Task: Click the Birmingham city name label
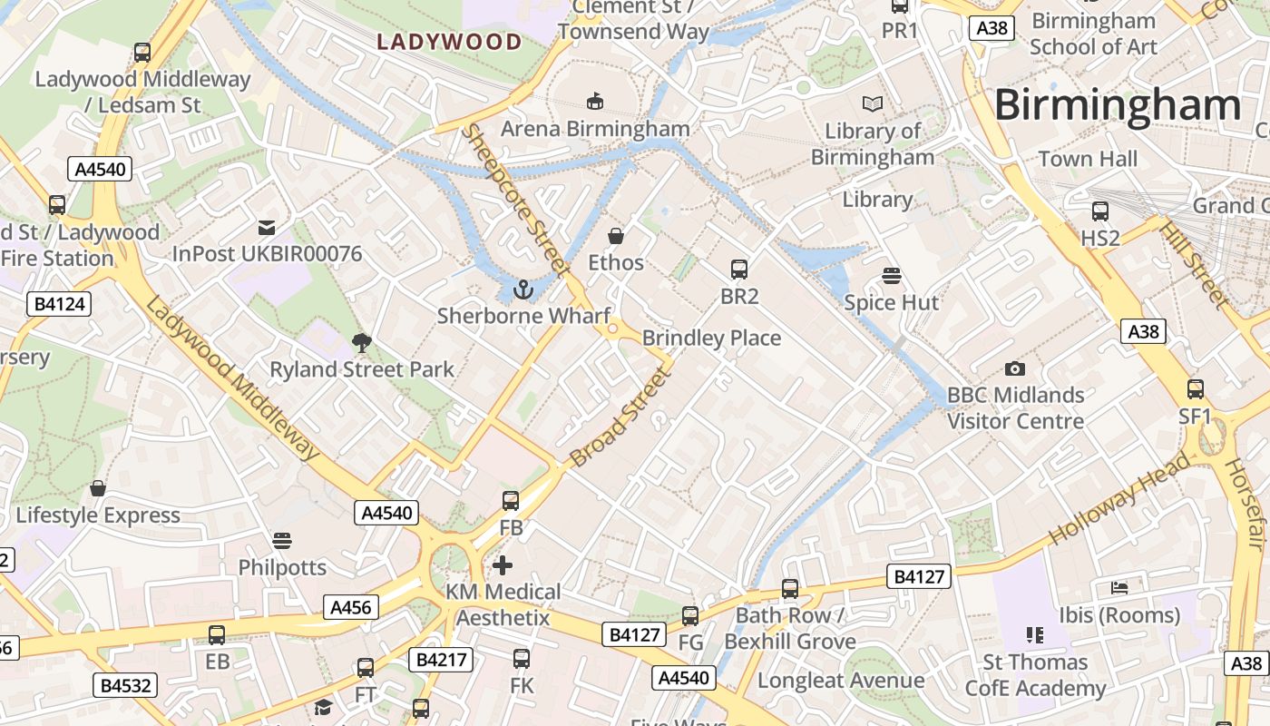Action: coord(1117,105)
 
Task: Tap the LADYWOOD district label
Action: coord(449,42)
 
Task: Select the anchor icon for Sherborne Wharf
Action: coord(523,289)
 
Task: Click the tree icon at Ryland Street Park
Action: coord(362,343)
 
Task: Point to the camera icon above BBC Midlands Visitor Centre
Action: coord(1015,368)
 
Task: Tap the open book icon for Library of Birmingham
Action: coord(873,104)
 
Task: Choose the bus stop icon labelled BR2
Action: coord(739,270)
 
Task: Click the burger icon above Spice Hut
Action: coord(892,276)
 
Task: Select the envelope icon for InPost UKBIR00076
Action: coord(267,227)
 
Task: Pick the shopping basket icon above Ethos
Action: coord(616,236)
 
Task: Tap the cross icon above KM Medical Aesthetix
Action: coord(503,565)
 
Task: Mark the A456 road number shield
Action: coord(351,607)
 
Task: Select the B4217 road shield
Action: coord(442,659)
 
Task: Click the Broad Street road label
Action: coord(620,417)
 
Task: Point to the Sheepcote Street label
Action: coord(514,200)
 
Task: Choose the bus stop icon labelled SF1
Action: coord(1196,389)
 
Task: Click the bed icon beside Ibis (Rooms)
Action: coord(1119,588)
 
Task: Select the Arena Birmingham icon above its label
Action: coord(595,100)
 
